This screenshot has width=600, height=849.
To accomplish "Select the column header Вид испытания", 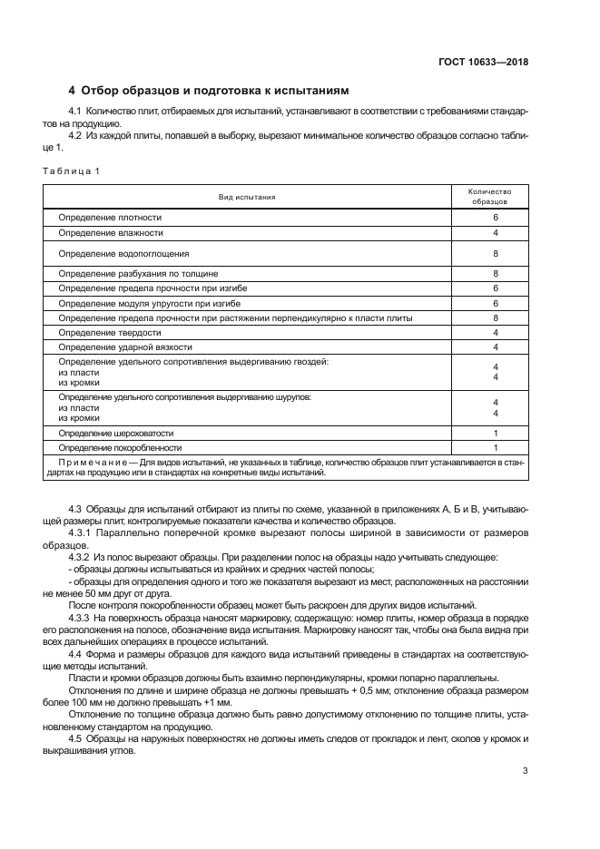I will [246, 197].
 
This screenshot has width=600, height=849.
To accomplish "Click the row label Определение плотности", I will [110, 219].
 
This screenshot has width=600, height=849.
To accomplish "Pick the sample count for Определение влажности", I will [496, 233].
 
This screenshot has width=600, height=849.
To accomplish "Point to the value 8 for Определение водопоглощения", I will [496, 253].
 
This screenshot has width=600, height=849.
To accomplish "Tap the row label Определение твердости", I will [110, 333].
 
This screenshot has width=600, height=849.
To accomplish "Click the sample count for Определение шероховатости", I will [496, 434].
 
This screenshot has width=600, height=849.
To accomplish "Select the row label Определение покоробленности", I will [120, 448].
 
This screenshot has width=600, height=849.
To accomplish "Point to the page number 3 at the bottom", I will [525, 771].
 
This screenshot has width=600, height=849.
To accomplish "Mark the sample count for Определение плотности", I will [496, 219].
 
